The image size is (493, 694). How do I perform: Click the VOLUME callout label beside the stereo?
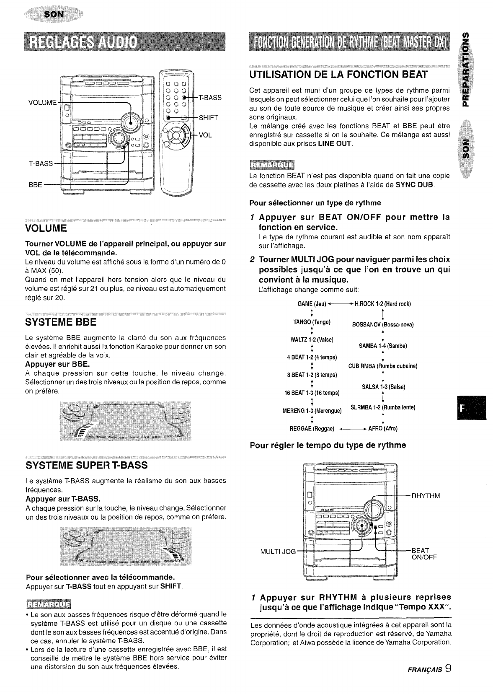[41, 102]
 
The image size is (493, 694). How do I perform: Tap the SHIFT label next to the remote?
[208, 118]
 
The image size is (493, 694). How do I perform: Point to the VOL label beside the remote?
[205, 135]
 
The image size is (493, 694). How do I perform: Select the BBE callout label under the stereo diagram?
[36, 184]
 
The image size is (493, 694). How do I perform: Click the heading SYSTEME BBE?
[61, 322]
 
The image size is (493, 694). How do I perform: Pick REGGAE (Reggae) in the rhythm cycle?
[312, 428]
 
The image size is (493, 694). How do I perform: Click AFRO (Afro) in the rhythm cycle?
[383, 428]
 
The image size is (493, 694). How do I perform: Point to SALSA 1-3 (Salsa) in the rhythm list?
[383, 387]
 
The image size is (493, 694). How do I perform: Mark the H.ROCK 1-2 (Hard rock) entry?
[383, 304]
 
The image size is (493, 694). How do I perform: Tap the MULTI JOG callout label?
[278, 551]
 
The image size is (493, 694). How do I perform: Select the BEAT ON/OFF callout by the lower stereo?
[424, 554]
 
